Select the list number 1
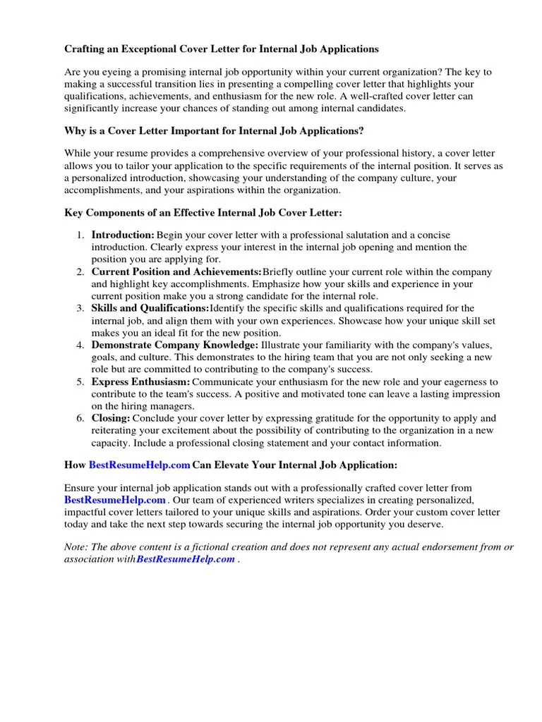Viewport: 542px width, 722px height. [x=81, y=235]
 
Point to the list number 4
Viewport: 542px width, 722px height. [x=81, y=345]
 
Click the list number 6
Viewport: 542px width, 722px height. [x=81, y=418]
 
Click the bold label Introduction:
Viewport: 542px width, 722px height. [x=123, y=235]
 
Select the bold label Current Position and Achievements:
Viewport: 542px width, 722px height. [x=176, y=271]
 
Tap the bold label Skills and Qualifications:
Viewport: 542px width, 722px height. [x=150, y=308]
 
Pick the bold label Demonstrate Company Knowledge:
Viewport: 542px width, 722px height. [x=175, y=345]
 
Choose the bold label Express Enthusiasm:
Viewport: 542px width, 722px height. [x=141, y=381]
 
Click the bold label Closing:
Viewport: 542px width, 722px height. [x=111, y=418]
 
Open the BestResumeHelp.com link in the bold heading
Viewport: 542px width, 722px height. [x=140, y=465]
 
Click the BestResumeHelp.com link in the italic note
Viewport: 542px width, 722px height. [x=186, y=559]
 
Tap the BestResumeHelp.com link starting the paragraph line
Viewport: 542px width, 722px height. [x=115, y=500]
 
